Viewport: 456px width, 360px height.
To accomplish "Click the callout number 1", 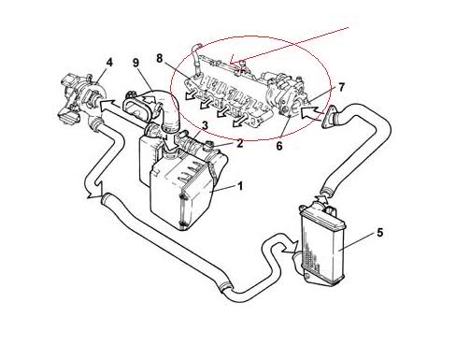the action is pos(240,186).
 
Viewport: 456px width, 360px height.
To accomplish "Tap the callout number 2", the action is pos(239,143).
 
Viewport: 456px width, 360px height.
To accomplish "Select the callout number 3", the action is pos(205,125).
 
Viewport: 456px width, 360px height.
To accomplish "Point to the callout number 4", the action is pos(109,63).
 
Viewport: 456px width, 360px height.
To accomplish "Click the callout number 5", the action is pos(380,233).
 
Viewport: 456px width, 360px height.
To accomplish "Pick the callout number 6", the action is pos(279,146).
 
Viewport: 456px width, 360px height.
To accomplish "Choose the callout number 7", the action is pos(341,87).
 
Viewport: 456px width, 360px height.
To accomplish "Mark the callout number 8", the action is pos(160,58).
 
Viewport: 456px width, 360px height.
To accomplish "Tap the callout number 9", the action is pos(135,63).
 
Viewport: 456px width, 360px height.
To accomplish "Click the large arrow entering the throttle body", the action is pos(311,113).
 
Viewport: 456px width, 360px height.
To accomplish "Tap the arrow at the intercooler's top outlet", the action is pos(321,198).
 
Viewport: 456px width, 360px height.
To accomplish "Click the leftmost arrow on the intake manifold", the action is pos(192,94).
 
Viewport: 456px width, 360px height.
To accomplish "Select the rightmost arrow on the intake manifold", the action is pos(240,122).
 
